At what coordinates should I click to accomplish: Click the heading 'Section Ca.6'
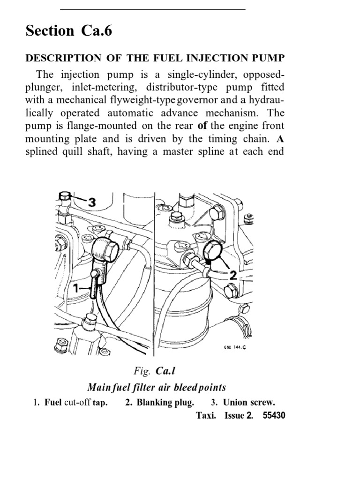point(69,31)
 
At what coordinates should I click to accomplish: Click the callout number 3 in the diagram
point(91,202)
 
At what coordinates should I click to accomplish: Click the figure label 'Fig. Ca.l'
point(154,372)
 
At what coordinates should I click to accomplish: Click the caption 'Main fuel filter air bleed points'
point(157,387)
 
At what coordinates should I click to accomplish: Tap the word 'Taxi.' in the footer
point(206,416)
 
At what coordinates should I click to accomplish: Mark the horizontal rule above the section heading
point(153,9)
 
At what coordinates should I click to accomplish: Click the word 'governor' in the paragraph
point(226,100)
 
